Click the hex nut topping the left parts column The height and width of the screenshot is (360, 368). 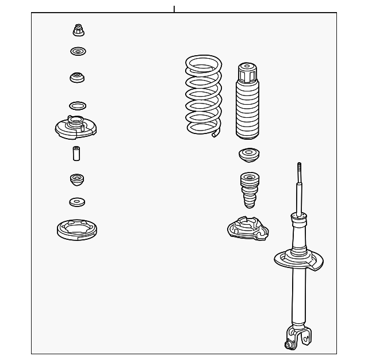click(x=78, y=30)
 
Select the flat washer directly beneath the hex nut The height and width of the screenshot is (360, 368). click(x=78, y=52)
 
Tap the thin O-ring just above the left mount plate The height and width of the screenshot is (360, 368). click(x=78, y=106)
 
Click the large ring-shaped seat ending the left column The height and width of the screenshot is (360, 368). click(x=77, y=230)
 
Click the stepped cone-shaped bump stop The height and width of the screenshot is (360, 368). click(x=248, y=189)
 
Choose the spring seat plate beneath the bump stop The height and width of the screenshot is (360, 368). click(x=248, y=228)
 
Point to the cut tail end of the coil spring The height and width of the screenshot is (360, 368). click(x=216, y=135)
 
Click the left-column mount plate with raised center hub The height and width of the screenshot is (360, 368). click(x=75, y=127)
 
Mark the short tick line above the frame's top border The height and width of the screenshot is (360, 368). click(x=174, y=9)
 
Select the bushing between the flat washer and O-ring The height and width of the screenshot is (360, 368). click(x=77, y=76)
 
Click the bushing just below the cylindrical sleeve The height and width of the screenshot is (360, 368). click(x=77, y=179)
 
